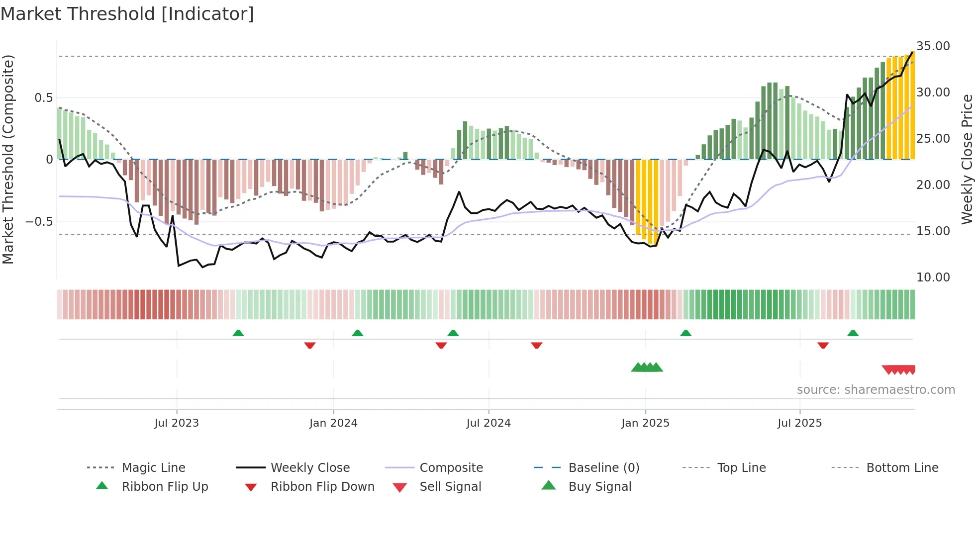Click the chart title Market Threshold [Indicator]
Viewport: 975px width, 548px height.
[x=127, y=14]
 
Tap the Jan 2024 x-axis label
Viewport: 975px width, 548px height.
[x=333, y=423]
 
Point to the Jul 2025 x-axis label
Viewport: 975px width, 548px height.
[x=799, y=423]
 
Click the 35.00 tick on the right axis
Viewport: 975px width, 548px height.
[x=933, y=46]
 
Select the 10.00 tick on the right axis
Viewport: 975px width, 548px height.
[x=933, y=277]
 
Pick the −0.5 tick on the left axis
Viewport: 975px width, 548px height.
[x=39, y=222]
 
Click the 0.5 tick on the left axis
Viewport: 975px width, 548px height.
[x=43, y=98]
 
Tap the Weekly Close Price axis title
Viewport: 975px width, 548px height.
[x=967, y=159]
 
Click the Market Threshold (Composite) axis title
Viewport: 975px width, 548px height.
[x=8, y=159]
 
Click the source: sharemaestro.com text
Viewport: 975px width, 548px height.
[x=876, y=390]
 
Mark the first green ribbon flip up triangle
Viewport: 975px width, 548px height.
[x=238, y=333]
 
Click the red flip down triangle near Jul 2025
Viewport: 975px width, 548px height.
[x=823, y=345]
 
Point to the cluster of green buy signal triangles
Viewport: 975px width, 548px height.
[x=647, y=367]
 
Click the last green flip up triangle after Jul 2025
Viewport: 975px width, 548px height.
[x=853, y=333]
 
